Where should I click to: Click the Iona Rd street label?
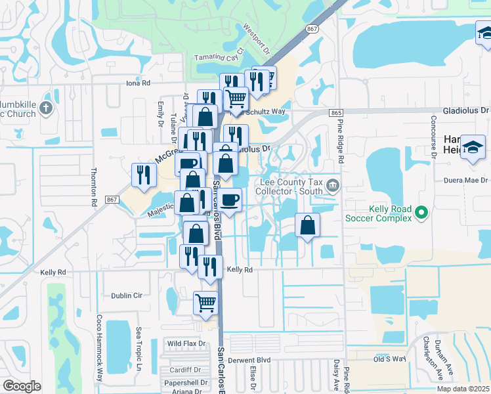[x=139, y=83]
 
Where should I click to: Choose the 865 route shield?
[x=337, y=113]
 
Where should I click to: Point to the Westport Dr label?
[x=257, y=39]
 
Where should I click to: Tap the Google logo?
[x=22, y=386]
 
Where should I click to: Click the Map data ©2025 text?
[x=463, y=389]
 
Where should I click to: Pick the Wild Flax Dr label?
[x=186, y=343]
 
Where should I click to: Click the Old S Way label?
[x=390, y=359]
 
